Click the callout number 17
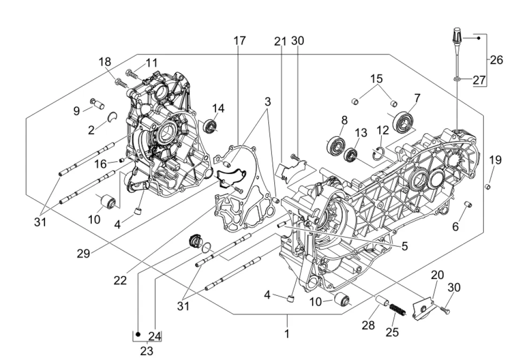tap(239, 41)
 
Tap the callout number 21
tap(280, 41)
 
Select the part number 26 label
tap(496, 60)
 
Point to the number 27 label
tap(479, 80)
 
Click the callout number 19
tap(495, 160)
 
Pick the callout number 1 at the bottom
tap(287, 334)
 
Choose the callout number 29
tap(83, 253)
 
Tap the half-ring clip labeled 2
tap(112, 117)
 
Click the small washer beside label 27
tap(457, 80)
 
